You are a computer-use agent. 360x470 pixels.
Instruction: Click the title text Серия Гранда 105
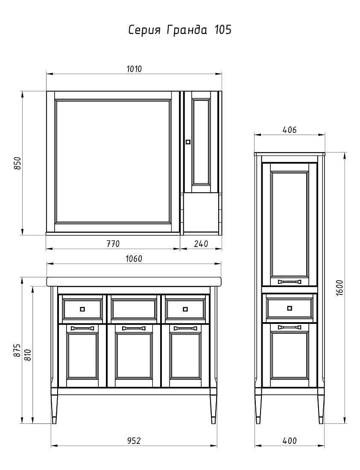[180, 30]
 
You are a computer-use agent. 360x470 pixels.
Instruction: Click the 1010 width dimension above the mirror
[134, 69]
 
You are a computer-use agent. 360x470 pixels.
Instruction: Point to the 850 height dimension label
[18, 163]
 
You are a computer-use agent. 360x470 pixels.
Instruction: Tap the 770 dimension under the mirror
[113, 244]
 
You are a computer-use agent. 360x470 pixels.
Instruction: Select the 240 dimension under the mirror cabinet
[201, 244]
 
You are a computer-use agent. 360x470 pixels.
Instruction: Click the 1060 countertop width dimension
[134, 258]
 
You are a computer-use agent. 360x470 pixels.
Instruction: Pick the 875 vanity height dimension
[18, 350]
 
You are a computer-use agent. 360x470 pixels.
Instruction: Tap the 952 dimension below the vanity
[134, 441]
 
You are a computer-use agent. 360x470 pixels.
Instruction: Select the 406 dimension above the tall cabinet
[290, 130]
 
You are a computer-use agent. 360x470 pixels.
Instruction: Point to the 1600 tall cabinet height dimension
[340, 288]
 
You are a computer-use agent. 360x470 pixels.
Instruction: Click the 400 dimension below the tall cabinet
[290, 441]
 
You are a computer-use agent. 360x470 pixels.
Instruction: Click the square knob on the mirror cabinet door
[188, 142]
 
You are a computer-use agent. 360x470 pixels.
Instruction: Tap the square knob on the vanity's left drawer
[82, 309]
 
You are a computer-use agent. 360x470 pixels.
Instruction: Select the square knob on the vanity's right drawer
[185, 309]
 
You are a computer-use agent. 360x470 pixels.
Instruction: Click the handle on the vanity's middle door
[134, 328]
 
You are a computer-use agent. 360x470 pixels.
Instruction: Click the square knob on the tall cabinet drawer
[289, 308]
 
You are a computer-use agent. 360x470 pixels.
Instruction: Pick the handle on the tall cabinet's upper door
[289, 282]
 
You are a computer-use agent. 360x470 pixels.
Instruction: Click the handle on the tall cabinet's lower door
[289, 327]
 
